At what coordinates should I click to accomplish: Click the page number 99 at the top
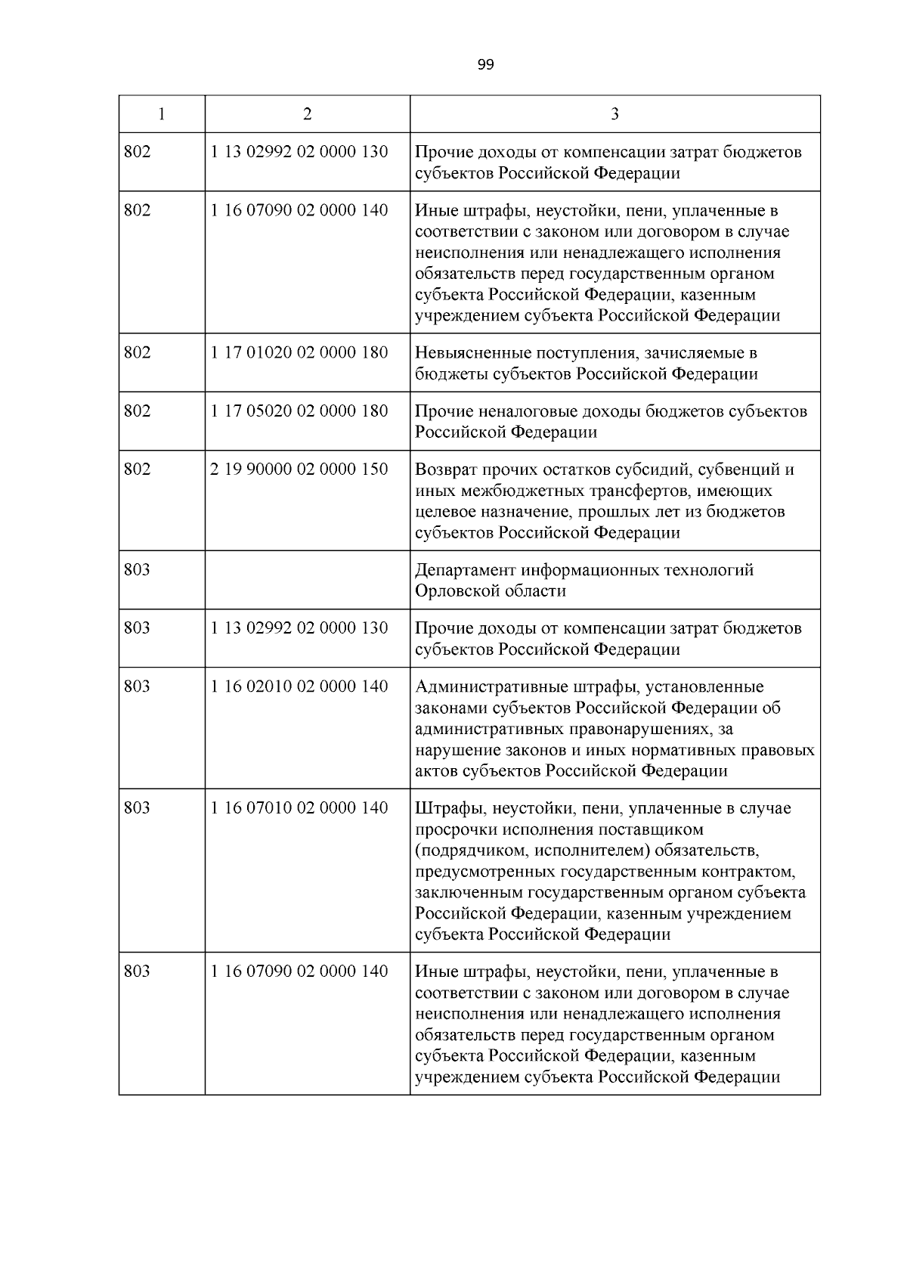tap(486, 65)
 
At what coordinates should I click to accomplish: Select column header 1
tap(162, 114)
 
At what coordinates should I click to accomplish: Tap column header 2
tap(307, 114)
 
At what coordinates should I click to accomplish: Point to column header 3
tap(614, 114)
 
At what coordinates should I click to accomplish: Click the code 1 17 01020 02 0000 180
tap(299, 352)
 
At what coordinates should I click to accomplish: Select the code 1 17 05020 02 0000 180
tap(299, 411)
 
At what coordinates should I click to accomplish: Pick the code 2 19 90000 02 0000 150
tap(299, 469)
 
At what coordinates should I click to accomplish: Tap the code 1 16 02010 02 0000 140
tap(299, 686)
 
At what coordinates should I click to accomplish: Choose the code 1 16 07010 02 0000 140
tap(299, 807)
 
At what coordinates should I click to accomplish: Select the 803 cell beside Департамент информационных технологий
tap(137, 569)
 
